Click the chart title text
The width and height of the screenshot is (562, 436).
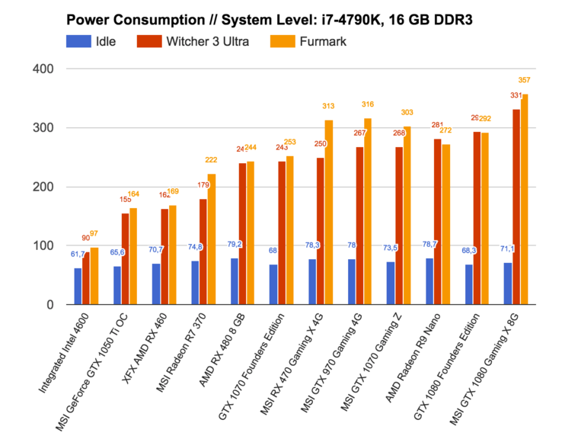click(268, 18)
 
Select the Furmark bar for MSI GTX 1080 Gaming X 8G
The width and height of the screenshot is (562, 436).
click(525, 199)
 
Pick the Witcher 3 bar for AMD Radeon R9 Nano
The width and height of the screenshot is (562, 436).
click(437, 222)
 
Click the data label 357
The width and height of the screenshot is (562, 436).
click(524, 80)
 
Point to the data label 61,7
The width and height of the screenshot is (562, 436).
click(78, 254)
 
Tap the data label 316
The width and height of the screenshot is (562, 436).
click(367, 104)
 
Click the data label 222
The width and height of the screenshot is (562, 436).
click(211, 159)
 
